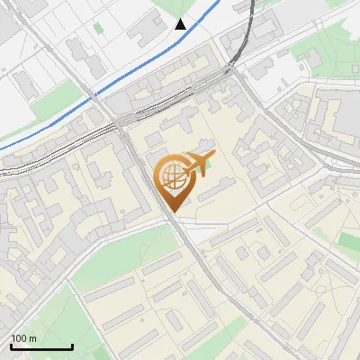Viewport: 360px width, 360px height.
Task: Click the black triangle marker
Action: [x=181, y=24]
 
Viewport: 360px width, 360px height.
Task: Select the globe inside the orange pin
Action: [x=171, y=175]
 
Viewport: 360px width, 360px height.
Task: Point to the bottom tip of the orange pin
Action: [x=172, y=210]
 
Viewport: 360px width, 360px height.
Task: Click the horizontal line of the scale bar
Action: [x=41, y=347]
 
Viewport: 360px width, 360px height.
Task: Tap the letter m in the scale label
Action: [x=32, y=339]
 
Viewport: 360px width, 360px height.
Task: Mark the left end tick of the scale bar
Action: [x=11, y=346]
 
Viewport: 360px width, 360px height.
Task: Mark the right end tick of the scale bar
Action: [x=72, y=346]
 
